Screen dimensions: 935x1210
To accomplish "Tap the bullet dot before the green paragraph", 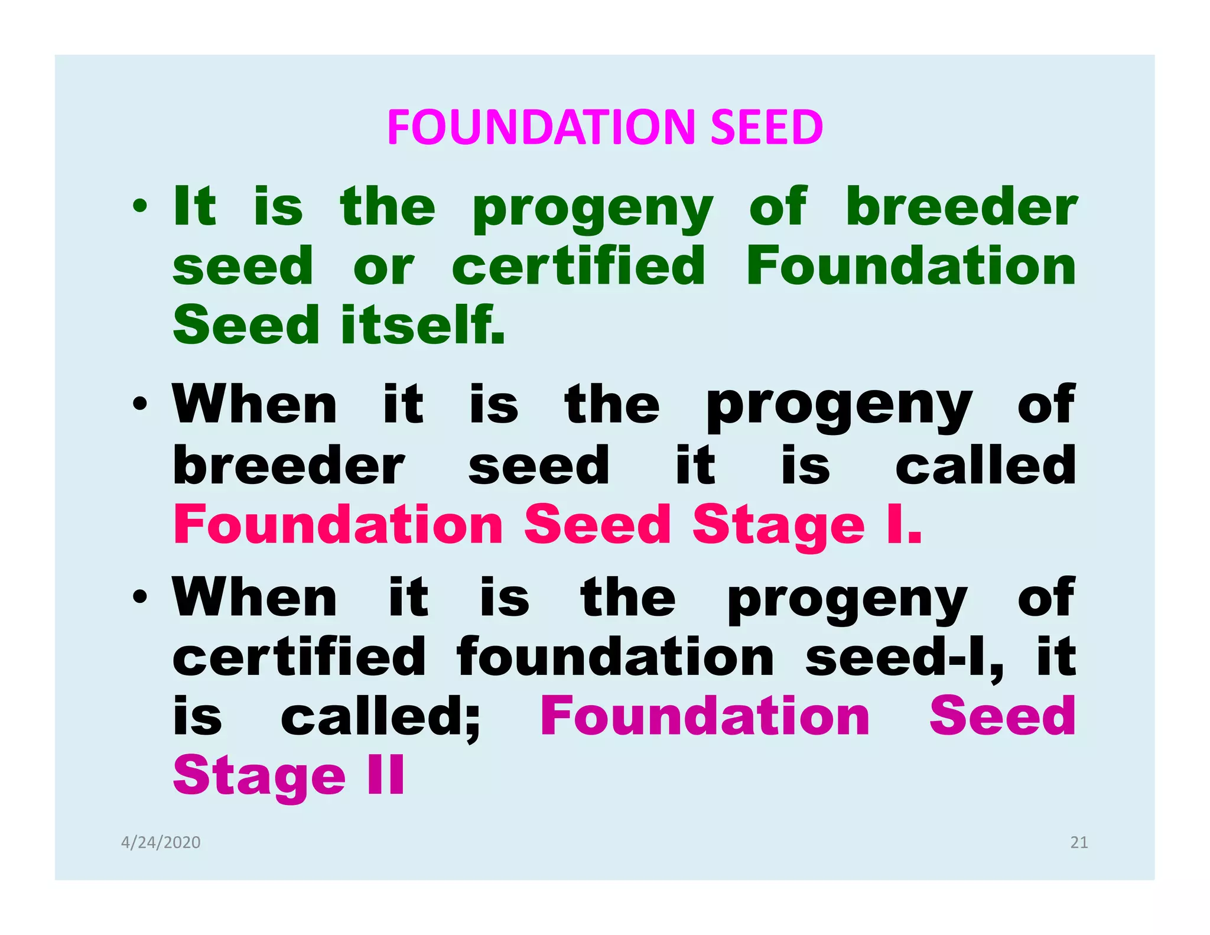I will click(x=140, y=207).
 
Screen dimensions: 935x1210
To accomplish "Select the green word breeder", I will click(x=961, y=207).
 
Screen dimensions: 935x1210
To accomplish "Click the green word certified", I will click(x=578, y=267).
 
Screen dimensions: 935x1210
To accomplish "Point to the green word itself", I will click(x=423, y=325).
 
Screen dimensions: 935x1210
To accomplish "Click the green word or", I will click(x=383, y=268).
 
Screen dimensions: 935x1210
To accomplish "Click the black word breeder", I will click(x=288, y=465).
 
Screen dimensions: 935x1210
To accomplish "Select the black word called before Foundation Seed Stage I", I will click(x=985, y=465).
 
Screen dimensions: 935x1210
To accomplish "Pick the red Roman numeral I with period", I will click(x=904, y=524).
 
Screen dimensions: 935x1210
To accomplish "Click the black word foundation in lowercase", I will click(x=615, y=657).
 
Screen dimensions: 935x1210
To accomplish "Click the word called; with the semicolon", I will click(x=381, y=717).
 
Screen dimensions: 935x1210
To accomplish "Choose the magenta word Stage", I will click(x=259, y=776).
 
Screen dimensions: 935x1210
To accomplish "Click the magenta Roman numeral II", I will click(x=386, y=775).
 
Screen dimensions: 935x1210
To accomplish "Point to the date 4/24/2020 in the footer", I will click(x=161, y=842).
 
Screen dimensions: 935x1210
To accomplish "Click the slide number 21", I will click(x=1079, y=842).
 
